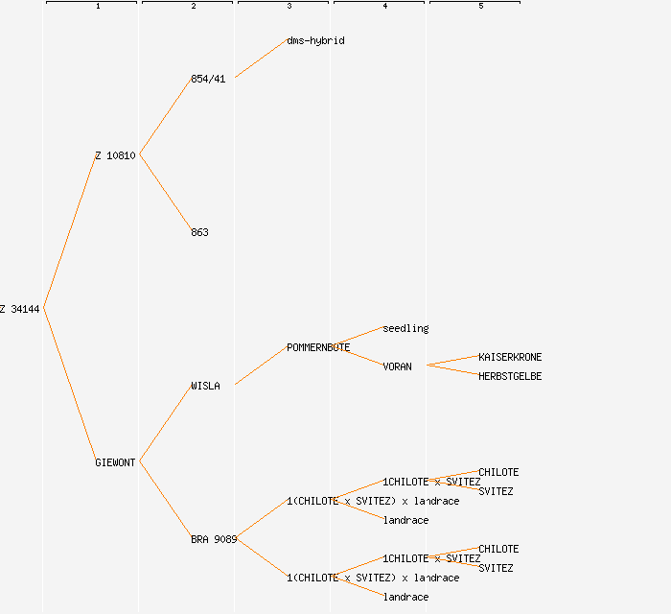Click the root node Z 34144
coord(20,309)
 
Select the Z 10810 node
coord(115,155)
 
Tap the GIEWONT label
coord(115,462)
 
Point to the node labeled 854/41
coord(208,79)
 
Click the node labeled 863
coord(199,232)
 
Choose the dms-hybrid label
coord(315,40)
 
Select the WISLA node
coord(205,386)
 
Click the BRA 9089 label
coord(214,539)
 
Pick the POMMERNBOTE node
coord(318,347)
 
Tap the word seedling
coord(405,328)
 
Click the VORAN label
coord(397,366)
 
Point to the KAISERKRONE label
coord(510,357)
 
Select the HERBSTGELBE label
coord(510,376)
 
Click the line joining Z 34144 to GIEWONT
coord(69,385)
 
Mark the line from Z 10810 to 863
coord(165,193)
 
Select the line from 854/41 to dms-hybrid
coord(261,59)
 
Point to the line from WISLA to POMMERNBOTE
coord(261,366)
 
